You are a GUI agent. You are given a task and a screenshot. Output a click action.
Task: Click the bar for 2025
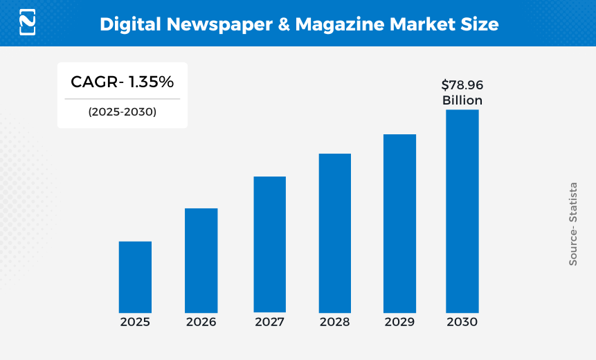[135, 277]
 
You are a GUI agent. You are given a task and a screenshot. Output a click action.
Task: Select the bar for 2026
[201, 260]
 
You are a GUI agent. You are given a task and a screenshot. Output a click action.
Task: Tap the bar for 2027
[269, 244]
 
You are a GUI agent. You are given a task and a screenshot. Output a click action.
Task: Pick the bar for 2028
[334, 233]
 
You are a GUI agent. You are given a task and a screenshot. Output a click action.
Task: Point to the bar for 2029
[399, 223]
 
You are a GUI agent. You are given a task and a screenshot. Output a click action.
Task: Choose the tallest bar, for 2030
[462, 211]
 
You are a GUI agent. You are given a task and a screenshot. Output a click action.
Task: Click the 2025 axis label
[135, 322]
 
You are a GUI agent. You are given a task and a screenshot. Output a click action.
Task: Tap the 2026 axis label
[201, 322]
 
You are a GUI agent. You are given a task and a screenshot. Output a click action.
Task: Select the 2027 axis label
[269, 322]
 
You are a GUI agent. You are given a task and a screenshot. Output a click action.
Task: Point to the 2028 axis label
[334, 322]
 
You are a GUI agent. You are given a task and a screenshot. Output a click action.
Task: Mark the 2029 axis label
[399, 322]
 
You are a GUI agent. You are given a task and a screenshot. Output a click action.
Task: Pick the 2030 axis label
[462, 322]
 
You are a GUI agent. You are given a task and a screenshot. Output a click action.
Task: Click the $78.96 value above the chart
[462, 85]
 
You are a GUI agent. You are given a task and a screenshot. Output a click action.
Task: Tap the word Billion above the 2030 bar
[462, 100]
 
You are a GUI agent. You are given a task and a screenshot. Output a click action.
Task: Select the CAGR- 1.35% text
[122, 82]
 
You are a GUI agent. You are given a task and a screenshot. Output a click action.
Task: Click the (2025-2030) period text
[122, 111]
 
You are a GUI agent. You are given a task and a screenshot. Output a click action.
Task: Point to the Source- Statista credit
[573, 224]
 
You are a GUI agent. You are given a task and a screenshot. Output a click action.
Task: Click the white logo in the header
[28, 22]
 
